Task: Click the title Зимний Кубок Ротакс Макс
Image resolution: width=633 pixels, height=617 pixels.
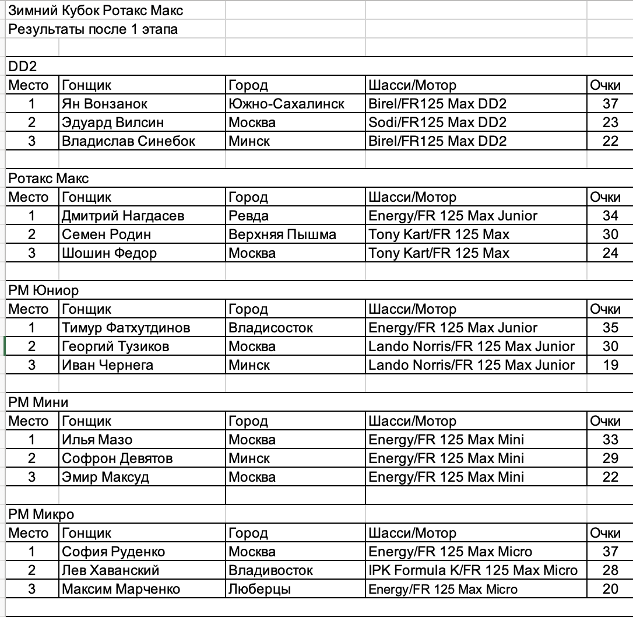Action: click(96, 10)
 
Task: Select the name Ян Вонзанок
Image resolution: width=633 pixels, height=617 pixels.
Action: click(104, 104)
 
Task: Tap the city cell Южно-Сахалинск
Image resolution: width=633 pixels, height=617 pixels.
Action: click(286, 104)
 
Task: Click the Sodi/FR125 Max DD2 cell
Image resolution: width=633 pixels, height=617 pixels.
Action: click(437, 122)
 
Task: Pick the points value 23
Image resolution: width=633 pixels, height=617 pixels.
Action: click(610, 122)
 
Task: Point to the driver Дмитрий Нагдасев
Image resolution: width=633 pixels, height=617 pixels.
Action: click(123, 216)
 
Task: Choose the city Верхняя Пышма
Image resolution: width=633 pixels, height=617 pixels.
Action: click(282, 234)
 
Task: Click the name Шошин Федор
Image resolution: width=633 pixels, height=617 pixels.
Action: click(109, 253)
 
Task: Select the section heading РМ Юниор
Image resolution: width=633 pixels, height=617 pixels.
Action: click(44, 290)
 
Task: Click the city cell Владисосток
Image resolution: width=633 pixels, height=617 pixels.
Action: click(270, 328)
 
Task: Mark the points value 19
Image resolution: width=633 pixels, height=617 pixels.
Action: click(610, 365)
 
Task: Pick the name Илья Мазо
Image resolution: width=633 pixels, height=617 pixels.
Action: click(97, 440)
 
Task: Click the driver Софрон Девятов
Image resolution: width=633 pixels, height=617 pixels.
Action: click(117, 458)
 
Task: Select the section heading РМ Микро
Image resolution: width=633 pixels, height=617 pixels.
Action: click(41, 514)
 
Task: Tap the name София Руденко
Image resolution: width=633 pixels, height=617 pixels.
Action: click(114, 552)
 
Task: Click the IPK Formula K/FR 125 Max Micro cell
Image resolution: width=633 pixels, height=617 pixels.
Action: click(473, 570)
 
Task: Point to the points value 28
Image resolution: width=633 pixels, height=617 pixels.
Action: click(610, 570)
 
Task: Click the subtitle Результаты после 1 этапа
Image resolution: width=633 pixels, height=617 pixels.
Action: click(93, 29)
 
